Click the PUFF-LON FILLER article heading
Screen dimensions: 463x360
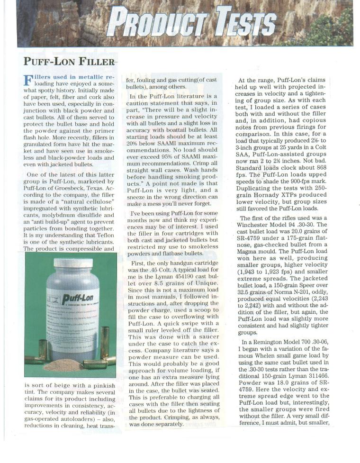[x=69, y=62]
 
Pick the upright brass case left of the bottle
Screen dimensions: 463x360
[x=43, y=350]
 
